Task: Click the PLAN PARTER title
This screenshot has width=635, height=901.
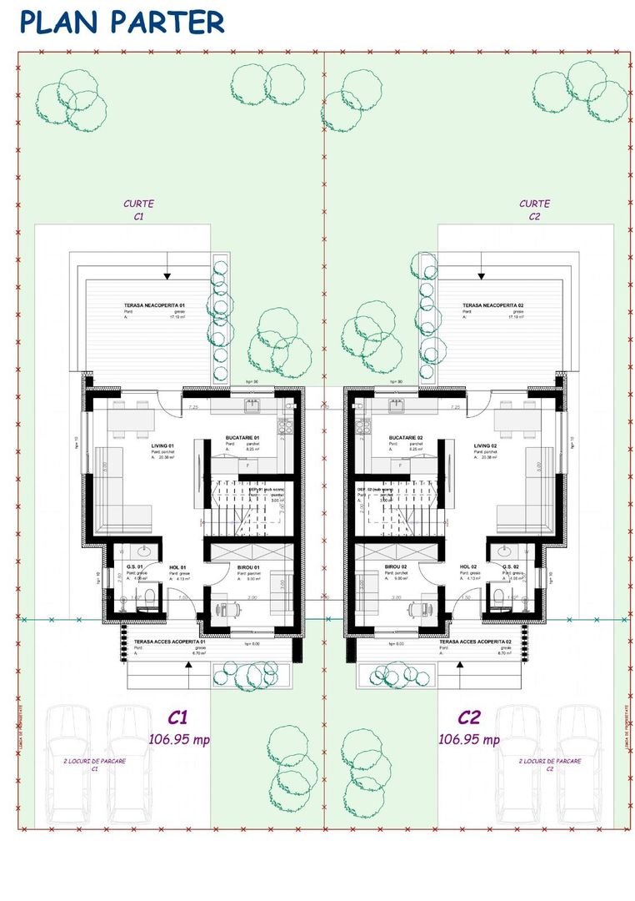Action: coord(122,23)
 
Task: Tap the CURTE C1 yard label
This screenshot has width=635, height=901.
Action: coord(138,209)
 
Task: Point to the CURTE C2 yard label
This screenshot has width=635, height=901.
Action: coord(535,209)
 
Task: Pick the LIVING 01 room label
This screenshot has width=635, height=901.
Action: coord(162,446)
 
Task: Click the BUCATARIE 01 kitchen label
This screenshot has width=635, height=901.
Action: coord(242,438)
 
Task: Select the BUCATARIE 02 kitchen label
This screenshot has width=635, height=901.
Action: coord(406,438)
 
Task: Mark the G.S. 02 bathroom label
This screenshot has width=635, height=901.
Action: coord(511,567)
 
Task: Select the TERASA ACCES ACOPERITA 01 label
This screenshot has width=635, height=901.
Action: coord(170,642)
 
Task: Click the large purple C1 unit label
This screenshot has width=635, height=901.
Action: coord(177,717)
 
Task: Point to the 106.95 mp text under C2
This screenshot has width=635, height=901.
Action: coord(469,739)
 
